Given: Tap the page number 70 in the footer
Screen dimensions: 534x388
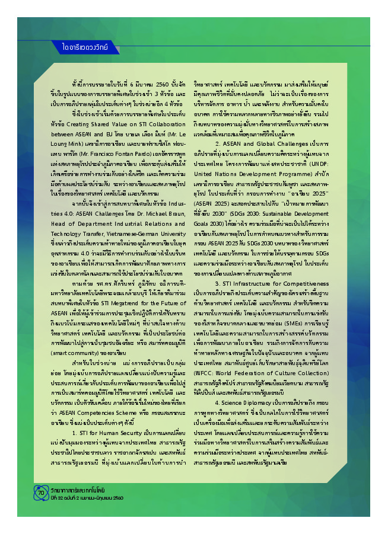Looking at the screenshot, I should coord(41,493).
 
